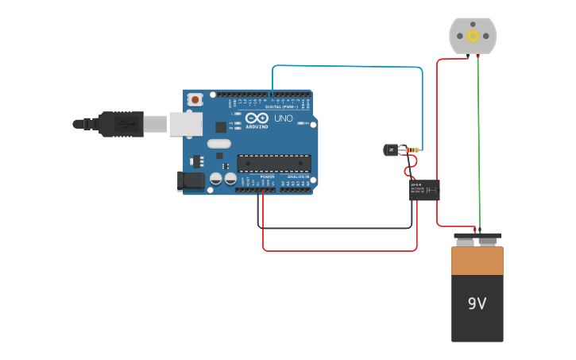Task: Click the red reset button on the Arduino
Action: click(195, 100)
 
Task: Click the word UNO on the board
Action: click(284, 118)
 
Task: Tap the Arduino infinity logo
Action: click(257, 118)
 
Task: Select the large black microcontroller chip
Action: click(274, 163)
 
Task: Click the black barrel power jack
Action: click(191, 181)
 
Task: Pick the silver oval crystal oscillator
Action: click(218, 144)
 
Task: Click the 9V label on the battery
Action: click(477, 304)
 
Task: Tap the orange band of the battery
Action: click(477, 261)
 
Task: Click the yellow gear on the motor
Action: click(473, 36)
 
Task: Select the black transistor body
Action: click(392, 149)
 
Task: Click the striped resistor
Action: click(412, 149)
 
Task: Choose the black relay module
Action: click(424, 190)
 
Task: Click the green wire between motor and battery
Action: click(478, 143)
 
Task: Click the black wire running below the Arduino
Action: click(334, 229)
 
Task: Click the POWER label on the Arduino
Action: click(267, 176)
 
